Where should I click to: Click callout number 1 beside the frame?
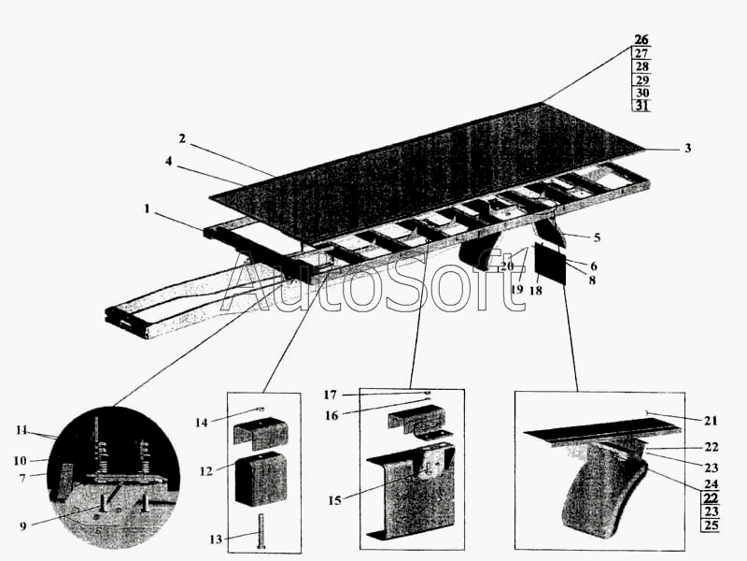(148, 209)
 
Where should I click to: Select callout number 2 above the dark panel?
(182, 138)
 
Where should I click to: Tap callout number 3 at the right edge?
(687, 149)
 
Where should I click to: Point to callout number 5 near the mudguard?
(597, 237)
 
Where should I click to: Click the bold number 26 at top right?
(641, 39)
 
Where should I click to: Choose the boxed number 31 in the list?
(642, 106)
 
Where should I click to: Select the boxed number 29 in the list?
(642, 79)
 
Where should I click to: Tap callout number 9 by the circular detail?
(22, 526)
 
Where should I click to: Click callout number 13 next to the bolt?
(216, 539)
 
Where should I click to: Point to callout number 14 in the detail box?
(202, 423)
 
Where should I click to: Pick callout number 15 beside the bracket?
(334, 500)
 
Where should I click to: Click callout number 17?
(331, 395)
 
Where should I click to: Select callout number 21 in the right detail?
(711, 420)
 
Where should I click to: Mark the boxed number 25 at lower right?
(711, 525)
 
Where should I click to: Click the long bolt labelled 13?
(261, 530)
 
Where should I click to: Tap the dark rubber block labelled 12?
(261, 478)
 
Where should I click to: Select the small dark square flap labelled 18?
(550, 264)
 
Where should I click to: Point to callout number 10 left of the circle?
(20, 461)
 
